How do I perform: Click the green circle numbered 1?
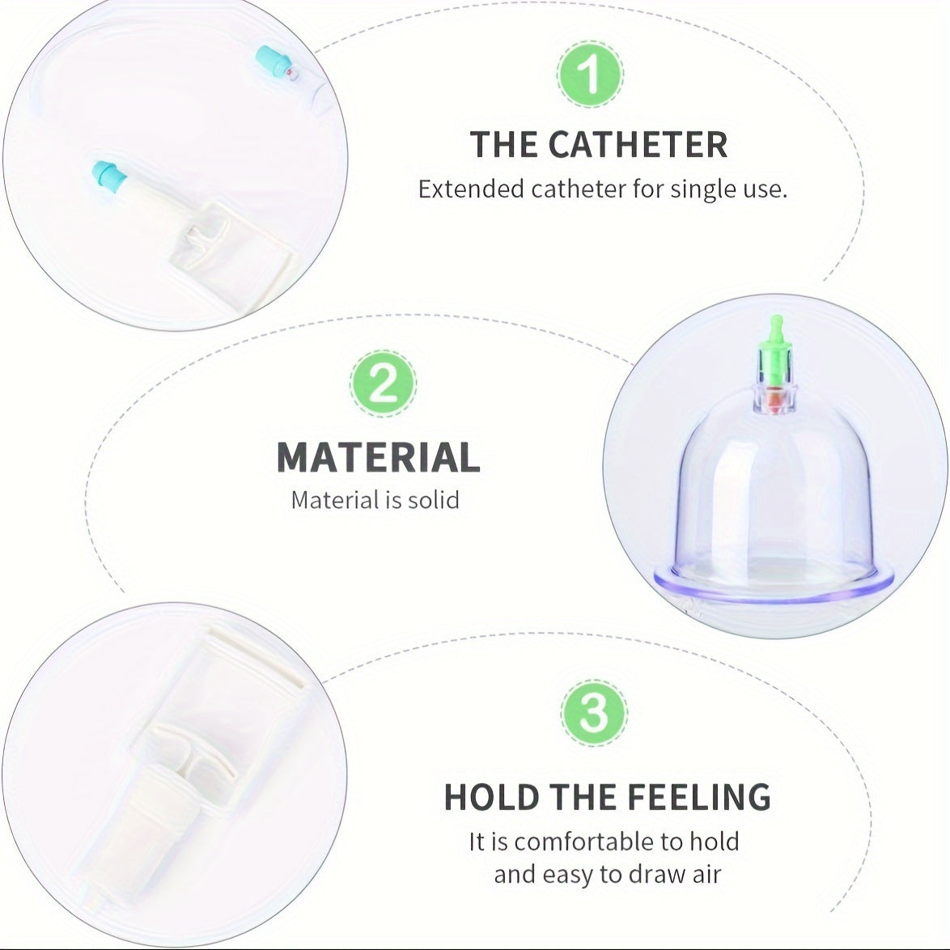click(x=591, y=75)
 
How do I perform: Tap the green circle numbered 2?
click(x=384, y=384)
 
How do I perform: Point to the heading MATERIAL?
click(x=378, y=457)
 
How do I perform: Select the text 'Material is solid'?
click(x=375, y=500)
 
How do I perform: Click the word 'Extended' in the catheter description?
click(x=470, y=189)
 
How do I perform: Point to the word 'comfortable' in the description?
click(x=598, y=842)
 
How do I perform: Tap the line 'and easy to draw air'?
click(x=607, y=874)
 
